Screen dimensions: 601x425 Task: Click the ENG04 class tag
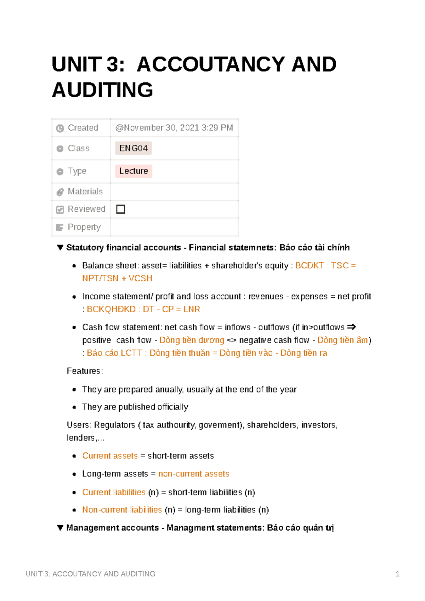point(133,148)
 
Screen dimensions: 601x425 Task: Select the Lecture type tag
point(134,171)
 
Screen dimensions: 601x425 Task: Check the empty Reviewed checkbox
point(121,209)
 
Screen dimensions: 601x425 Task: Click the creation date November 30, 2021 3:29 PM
point(174,128)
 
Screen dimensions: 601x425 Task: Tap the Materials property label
point(85,191)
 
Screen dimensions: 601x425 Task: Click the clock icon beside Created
point(60,128)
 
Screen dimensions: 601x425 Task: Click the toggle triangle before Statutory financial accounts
point(60,247)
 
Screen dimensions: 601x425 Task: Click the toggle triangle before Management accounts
point(60,528)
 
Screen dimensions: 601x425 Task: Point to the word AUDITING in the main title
point(103,90)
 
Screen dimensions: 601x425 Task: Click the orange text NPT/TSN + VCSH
point(117,279)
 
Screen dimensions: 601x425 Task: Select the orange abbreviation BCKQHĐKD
point(111,309)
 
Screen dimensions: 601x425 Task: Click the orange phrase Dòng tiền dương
point(192,340)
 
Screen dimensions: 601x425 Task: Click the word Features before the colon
point(84,371)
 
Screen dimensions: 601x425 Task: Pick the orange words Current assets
point(110,456)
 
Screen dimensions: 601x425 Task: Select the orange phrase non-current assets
point(194,474)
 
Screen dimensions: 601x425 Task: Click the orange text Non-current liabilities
point(122,510)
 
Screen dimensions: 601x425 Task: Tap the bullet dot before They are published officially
point(74,407)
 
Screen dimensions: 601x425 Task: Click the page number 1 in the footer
point(397,574)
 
